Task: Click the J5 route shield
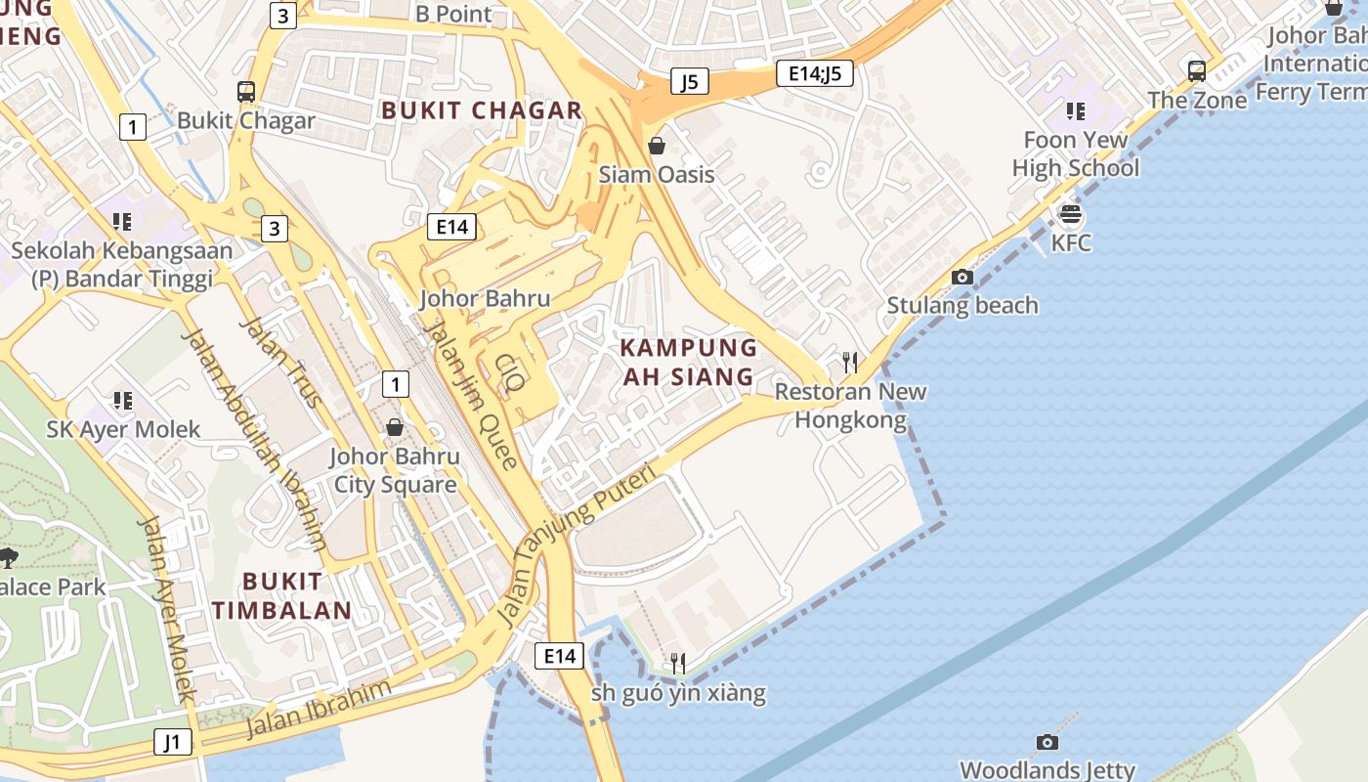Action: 689,81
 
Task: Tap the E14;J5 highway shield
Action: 815,73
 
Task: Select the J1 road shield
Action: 172,742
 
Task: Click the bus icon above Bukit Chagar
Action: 246,92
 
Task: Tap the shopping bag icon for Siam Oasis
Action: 657,146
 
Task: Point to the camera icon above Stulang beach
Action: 962,277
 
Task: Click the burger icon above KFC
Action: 1071,214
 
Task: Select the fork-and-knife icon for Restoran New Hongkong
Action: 850,363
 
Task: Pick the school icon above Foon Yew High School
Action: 1076,111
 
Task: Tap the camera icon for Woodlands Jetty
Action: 1047,742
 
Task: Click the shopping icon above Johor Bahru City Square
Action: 395,427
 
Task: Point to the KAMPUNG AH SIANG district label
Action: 689,362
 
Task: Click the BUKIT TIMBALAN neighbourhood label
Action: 281,596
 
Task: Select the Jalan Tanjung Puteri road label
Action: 574,547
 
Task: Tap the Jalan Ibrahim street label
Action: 318,708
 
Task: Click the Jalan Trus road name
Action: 280,362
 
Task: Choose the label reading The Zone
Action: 1197,101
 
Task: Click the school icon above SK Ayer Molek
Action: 122,400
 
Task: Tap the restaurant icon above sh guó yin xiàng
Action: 677,665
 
